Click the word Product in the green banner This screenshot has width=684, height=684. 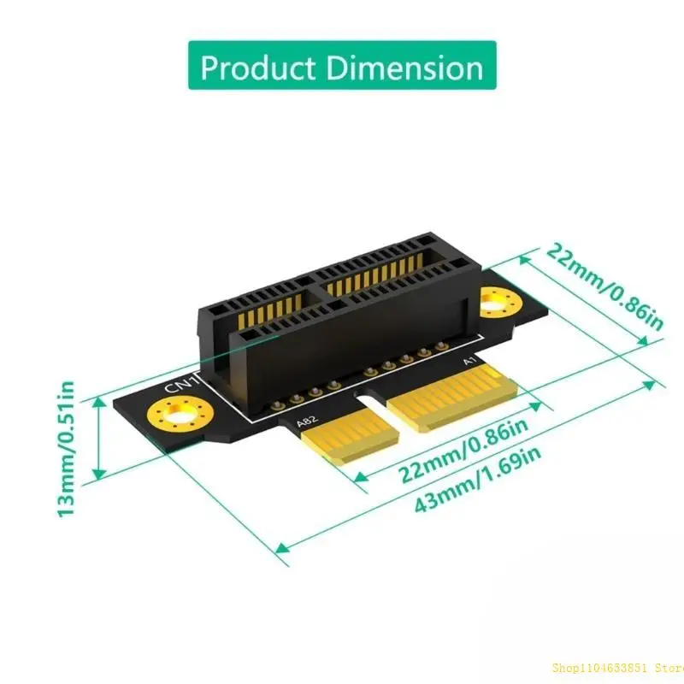(x=256, y=66)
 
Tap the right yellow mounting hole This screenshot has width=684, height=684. (x=497, y=302)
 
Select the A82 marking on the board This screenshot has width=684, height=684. (x=305, y=422)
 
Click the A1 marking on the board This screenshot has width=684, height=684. (x=469, y=362)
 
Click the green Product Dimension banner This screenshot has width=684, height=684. (x=341, y=66)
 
